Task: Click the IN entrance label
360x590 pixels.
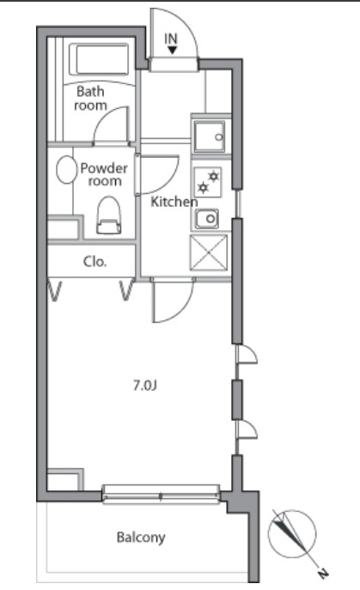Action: pyautogui.click(x=171, y=39)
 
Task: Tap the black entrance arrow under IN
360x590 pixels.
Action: pyautogui.click(x=172, y=50)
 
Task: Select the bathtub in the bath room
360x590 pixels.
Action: pyautogui.click(x=100, y=59)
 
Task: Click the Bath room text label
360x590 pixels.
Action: pyautogui.click(x=90, y=98)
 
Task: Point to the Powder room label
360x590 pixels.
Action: pyautogui.click(x=104, y=174)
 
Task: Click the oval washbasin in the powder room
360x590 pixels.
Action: pyautogui.click(x=66, y=170)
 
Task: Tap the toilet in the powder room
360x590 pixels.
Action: pyautogui.click(x=109, y=216)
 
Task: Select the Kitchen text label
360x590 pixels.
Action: pyautogui.click(x=174, y=202)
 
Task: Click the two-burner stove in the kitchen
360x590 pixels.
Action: pyautogui.click(x=207, y=182)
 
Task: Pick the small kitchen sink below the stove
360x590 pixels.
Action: pyautogui.click(x=207, y=218)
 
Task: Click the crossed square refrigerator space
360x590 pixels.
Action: pyautogui.click(x=209, y=252)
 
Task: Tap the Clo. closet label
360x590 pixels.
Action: pyautogui.click(x=95, y=262)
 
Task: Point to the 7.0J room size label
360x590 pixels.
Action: pyautogui.click(x=144, y=385)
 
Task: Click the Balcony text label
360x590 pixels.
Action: pyautogui.click(x=141, y=538)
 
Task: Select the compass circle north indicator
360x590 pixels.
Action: pyautogui.click(x=292, y=534)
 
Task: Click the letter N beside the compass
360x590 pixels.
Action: pyautogui.click(x=323, y=573)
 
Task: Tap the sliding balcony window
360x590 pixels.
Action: pyautogui.click(x=162, y=494)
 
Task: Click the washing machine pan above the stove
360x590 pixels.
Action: pyautogui.click(x=210, y=137)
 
